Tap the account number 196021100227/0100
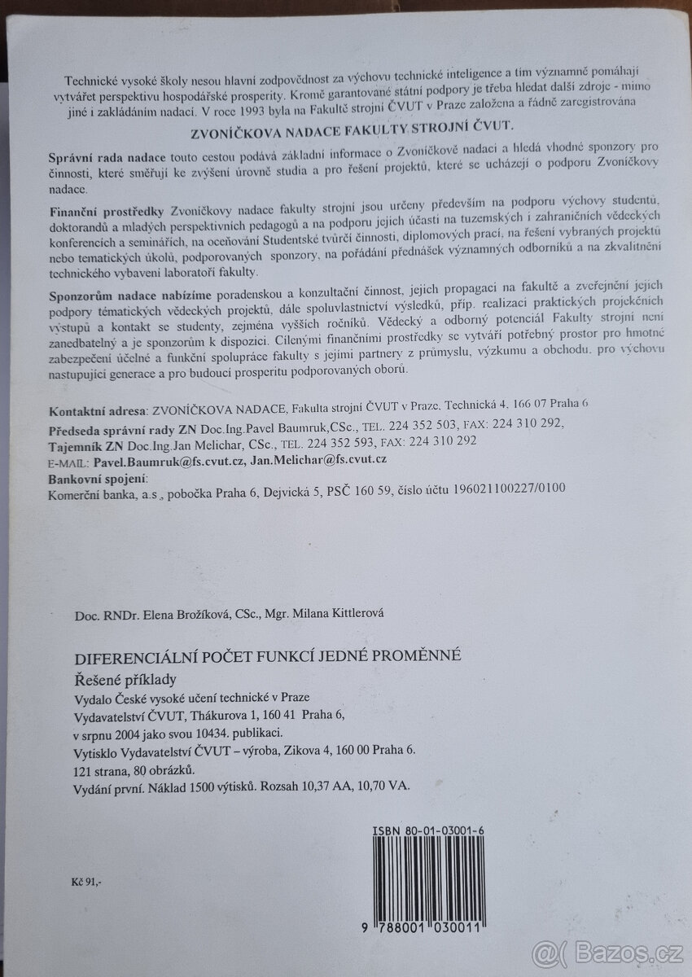point(501,488)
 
